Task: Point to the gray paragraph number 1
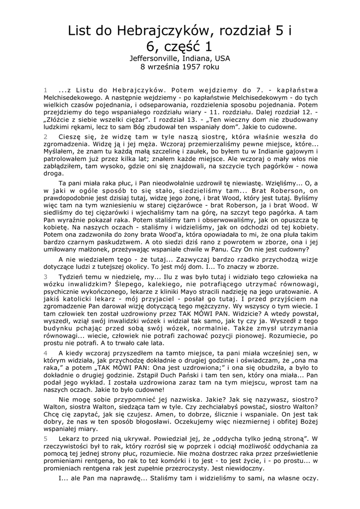(x=45, y=90)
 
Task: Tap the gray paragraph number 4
(x=45, y=352)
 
